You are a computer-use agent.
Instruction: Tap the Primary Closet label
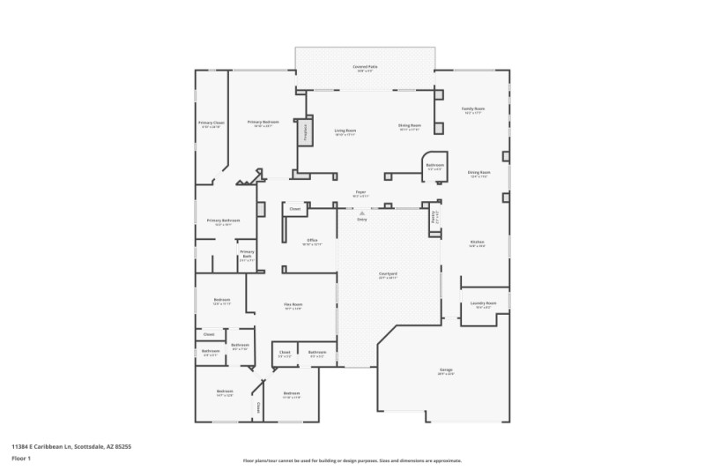coord(211,123)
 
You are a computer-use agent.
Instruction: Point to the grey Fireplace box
coord(307,131)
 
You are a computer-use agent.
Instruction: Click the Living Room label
coord(345,131)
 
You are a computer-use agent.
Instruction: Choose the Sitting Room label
coord(410,125)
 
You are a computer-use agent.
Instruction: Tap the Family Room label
coord(474,108)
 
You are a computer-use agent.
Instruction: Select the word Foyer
coord(360,191)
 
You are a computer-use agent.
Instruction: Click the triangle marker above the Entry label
coord(361,213)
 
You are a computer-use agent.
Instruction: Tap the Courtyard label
coord(388,273)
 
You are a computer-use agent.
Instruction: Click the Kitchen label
coord(477,242)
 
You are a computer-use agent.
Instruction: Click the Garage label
coord(446,369)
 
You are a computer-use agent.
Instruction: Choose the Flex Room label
coord(293,305)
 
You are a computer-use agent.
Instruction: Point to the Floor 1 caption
coord(21,459)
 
